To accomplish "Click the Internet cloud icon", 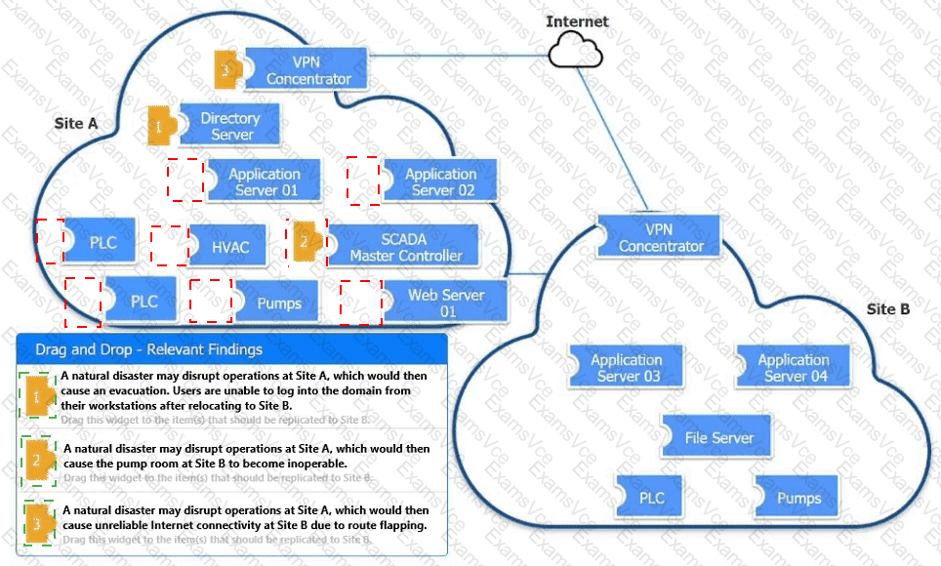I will click(x=577, y=49).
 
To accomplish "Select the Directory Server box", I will click(x=230, y=126).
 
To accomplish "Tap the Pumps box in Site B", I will click(x=798, y=498).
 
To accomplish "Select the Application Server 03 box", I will click(x=626, y=368).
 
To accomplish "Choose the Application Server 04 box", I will click(x=793, y=368).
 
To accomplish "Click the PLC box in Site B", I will click(x=651, y=498).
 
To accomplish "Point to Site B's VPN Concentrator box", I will click(x=660, y=238).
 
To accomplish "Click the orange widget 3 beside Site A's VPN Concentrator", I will click(x=227, y=69).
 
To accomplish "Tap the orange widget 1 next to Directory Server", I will click(x=159, y=126).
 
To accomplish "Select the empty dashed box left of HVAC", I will click(x=169, y=246).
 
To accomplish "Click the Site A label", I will click(x=76, y=125).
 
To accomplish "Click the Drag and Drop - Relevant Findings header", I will click(x=148, y=348).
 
